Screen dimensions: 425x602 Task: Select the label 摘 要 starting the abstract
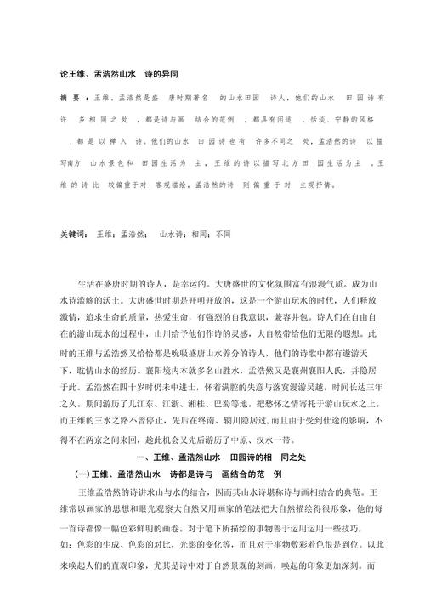point(73,99)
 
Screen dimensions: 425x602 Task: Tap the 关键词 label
point(74,232)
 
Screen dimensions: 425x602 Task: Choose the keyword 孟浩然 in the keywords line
point(132,232)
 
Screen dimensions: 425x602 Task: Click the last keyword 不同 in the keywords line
point(224,232)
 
